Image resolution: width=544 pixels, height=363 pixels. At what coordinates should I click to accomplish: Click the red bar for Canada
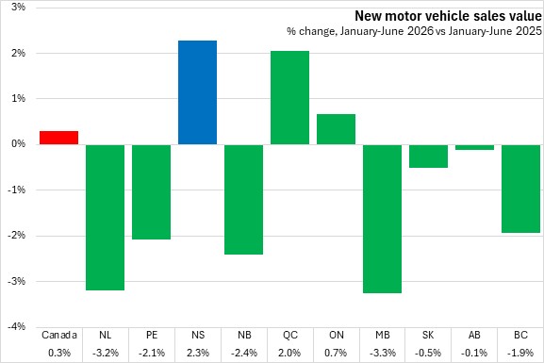tap(59, 138)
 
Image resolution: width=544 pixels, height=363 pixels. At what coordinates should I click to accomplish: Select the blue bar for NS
tap(197, 92)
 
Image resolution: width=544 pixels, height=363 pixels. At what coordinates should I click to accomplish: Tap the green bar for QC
tap(289, 97)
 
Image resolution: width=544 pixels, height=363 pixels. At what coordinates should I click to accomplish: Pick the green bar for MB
tap(383, 219)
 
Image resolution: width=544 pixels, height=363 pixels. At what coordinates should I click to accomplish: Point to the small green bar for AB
tap(474, 147)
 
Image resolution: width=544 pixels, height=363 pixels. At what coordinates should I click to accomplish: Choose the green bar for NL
tap(105, 217)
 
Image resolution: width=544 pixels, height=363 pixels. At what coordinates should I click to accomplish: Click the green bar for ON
tap(336, 129)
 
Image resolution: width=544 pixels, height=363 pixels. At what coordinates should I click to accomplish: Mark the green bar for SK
tap(428, 156)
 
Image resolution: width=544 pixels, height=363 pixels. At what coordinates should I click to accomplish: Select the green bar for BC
tap(520, 189)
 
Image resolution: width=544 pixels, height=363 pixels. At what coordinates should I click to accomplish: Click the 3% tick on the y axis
tap(19, 7)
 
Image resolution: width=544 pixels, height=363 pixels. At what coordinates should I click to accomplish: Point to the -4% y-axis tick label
tap(16, 326)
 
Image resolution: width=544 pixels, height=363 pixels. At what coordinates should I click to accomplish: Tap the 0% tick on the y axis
tap(19, 143)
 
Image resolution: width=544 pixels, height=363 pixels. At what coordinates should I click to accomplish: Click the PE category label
tap(152, 335)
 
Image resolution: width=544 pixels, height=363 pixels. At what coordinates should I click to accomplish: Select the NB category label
tap(244, 335)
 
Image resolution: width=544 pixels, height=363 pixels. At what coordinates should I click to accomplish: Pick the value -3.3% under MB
tap(383, 353)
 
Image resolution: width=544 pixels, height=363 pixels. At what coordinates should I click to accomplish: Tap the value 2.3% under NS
tap(198, 353)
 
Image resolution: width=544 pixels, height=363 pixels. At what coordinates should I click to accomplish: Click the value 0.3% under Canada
tap(59, 353)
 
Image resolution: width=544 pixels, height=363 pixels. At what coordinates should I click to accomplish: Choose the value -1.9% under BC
tap(520, 353)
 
